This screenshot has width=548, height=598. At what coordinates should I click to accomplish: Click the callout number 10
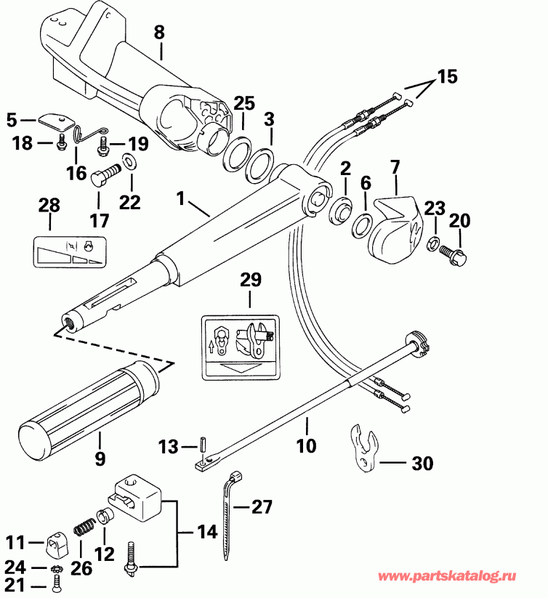point(307,445)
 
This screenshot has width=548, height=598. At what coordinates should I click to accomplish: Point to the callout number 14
point(208,532)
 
